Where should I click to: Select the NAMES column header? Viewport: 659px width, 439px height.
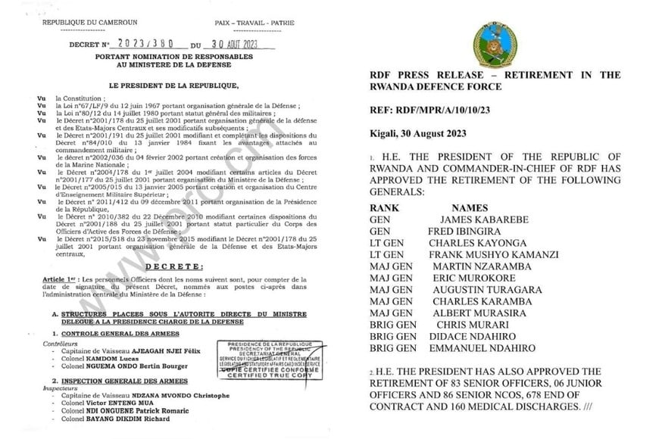pyautogui.click(x=470, y=207)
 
